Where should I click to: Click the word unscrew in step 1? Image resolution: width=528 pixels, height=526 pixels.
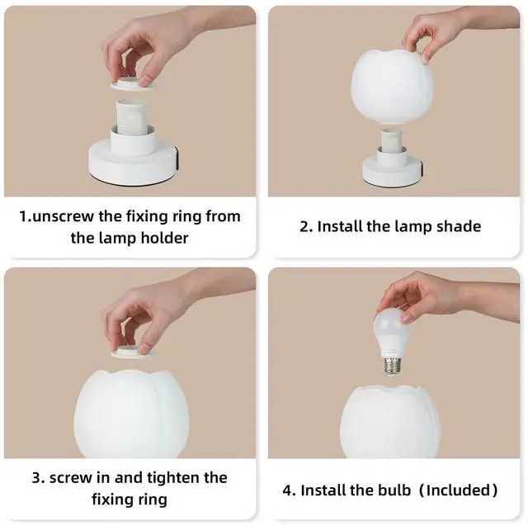[x=64, y=216]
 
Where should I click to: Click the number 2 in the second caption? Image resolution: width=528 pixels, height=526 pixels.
[x=304, y=226]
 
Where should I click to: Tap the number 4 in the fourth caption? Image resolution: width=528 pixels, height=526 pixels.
[x=287, y=490]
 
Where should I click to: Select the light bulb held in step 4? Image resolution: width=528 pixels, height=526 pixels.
[x=391, y=343]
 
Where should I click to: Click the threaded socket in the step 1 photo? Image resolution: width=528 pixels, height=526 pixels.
[x=132, y=116]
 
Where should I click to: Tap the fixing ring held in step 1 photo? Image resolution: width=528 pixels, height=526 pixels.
[x=134, y=83]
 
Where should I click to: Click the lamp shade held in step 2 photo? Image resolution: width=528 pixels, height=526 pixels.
[x=391, y=85]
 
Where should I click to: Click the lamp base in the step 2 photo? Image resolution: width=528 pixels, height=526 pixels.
[x=393, y=164]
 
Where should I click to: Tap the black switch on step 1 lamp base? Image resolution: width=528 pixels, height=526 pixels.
[x=177, y=159]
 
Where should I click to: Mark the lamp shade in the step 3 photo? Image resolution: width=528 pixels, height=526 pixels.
[x=131, y=414]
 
